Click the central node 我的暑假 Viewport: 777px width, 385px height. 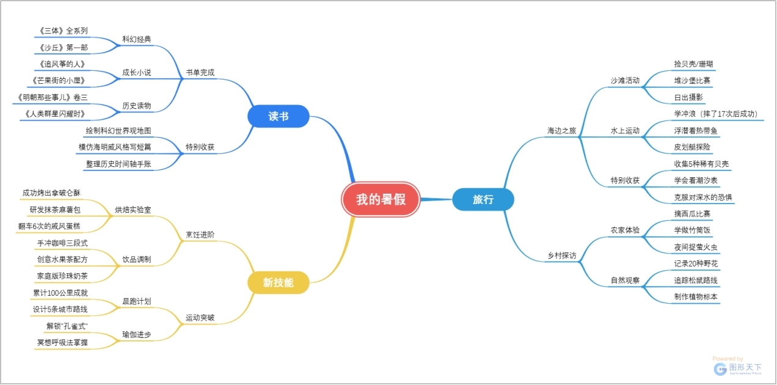point(381,199)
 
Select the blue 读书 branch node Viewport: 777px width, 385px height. point(279,116)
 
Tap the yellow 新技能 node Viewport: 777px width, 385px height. point(278,282)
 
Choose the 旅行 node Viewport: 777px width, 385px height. point(483,199)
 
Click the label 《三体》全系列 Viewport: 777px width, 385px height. point(63,30)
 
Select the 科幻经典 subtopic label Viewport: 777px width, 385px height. point(136,39)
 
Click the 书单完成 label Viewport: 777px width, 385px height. point(200,73)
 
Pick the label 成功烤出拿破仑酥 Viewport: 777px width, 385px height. point(51,193)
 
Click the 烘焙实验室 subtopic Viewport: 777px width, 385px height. point(133,210)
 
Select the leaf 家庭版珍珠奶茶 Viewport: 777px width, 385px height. point(62,276)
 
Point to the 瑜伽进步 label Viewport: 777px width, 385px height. point(136,334)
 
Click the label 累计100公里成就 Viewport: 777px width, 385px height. point(60,293)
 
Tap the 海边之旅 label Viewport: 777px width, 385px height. point(561,130)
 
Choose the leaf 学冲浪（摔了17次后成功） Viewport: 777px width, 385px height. point(715,114)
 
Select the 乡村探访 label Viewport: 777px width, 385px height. point(561,255)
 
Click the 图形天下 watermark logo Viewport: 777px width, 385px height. point(739,368)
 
